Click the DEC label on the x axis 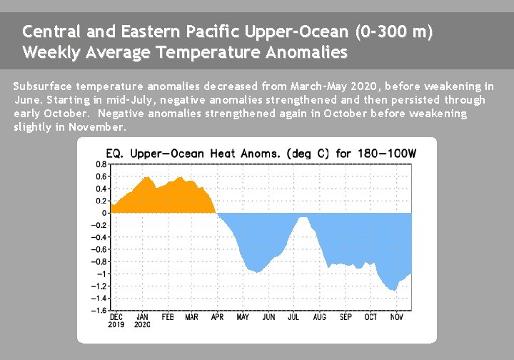pyautogui.click(x=116, y=316)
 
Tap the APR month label pyautogui.click(x=216, y=316)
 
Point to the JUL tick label pyautogui.click(x=293, y=316)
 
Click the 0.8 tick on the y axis pyautogui.click(x=102, y=164)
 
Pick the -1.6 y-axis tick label pyautogui.click(x=100, y=311)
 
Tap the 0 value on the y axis pyautogui.click(x=104, y=213)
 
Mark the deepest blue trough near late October pyautogui.click(x=393, y=288)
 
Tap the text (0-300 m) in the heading pyautogui.click(x=393, y=32)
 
